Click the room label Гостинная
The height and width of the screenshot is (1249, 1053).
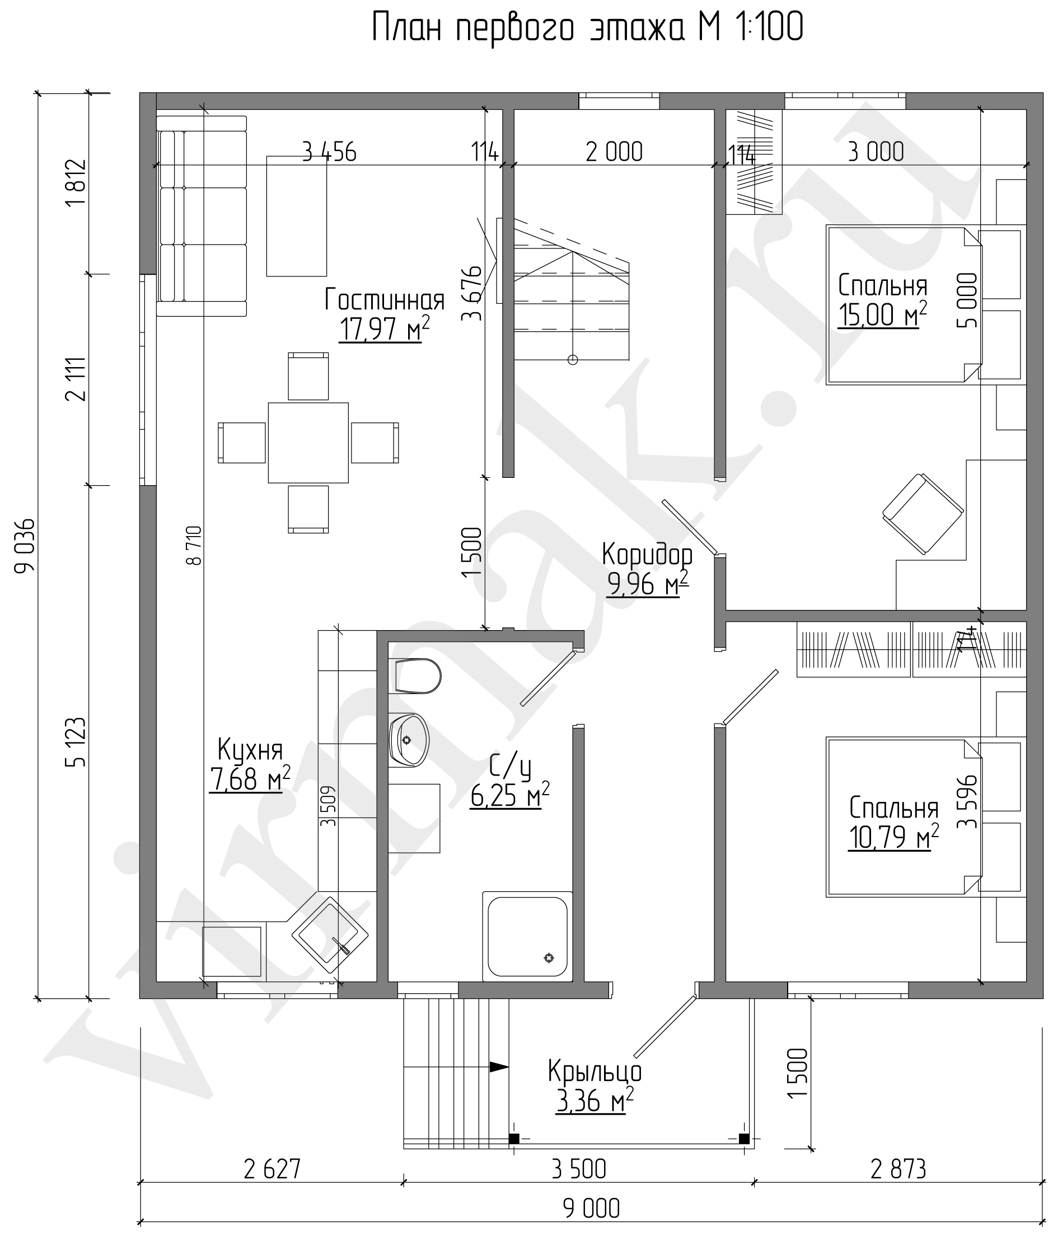[385, 299]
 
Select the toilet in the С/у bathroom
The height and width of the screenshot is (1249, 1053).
[415, 676]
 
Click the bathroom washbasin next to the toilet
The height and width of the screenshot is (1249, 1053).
[409, 740]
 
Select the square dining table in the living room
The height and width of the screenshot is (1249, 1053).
[308, 443]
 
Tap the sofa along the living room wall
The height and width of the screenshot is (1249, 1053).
[202, 216]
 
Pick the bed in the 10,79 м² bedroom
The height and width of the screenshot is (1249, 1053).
[904, 817]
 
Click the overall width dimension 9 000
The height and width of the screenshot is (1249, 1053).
[592, 1208]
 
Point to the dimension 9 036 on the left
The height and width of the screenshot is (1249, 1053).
[25, 546]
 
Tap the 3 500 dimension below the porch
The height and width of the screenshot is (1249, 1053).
[579, 1168]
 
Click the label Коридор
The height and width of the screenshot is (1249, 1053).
[647, 555]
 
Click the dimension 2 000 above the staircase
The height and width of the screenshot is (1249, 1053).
[614, 152]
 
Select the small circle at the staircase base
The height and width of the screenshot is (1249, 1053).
[573, 360]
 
